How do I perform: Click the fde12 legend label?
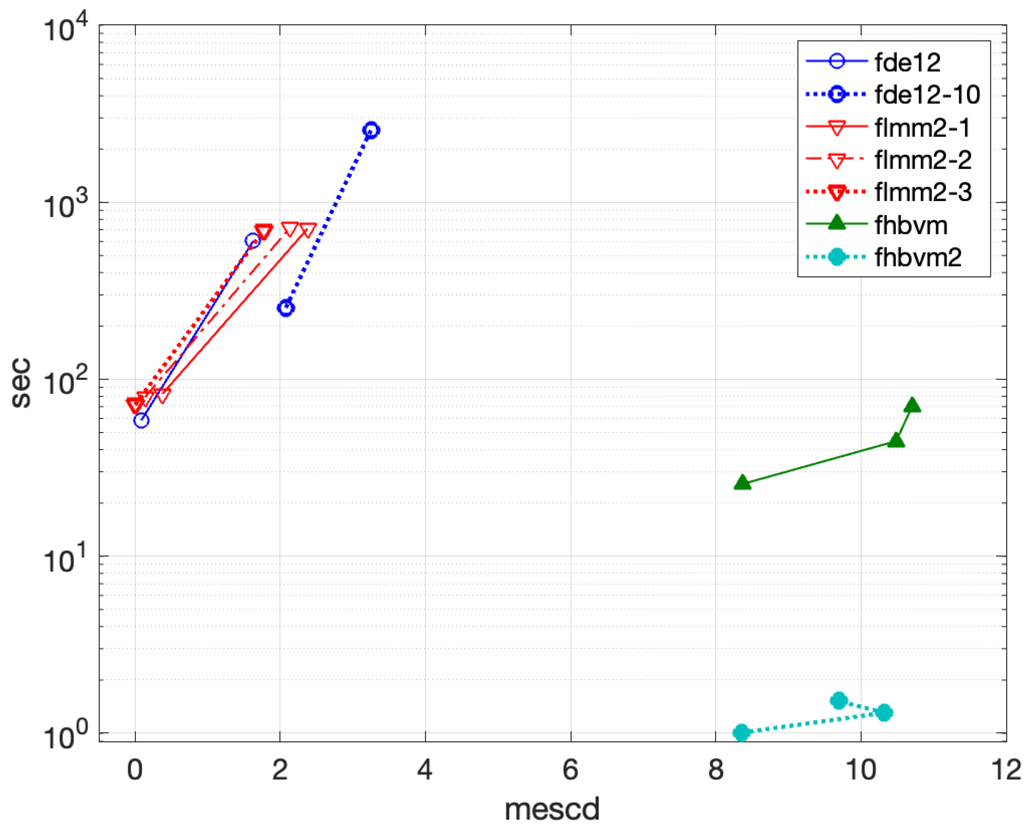[907, 62]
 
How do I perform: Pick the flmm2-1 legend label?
[922, 128]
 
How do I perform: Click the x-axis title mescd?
[552, 809]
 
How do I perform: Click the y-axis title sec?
[21, 383]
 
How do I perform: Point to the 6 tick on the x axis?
[570, 771]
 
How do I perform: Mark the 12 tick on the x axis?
[1005, 771]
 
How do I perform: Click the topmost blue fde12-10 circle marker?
[371, 130]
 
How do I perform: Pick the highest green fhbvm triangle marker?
[912, 405]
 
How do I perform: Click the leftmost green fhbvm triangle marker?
[742, 483]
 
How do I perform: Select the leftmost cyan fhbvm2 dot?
[742, 732]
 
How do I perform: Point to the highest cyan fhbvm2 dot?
[838, 701]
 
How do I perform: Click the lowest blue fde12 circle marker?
[141, 420]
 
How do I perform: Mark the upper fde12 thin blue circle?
[253, 241]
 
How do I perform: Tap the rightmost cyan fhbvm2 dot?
[884, 713]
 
